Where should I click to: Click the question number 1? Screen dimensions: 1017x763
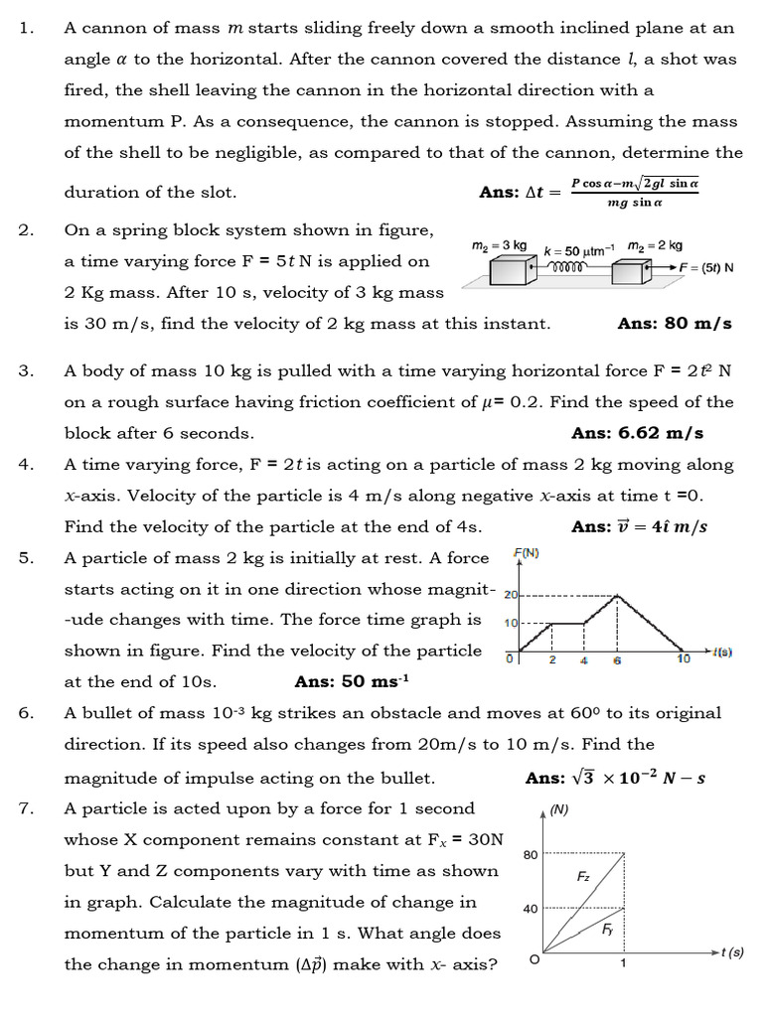[26, 28]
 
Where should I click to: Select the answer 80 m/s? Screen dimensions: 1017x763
[675, 324]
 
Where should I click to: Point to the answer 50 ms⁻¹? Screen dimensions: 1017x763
[352, 681]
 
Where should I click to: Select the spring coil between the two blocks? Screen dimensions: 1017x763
[569, 268]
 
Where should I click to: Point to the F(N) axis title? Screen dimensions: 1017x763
[526, 553]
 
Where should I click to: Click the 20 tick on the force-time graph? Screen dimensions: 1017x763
[512, 596]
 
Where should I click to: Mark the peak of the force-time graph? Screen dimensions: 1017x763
[617, 595]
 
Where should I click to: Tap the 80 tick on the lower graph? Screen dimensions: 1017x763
[531, 853]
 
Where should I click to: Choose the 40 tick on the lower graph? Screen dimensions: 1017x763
[531, 908]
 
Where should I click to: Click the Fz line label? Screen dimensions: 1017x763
[584, 877]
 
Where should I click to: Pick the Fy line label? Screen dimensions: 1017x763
[607, 930]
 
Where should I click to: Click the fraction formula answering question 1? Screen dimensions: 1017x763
[635, 193]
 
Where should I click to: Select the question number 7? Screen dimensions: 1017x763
[26, 808]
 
